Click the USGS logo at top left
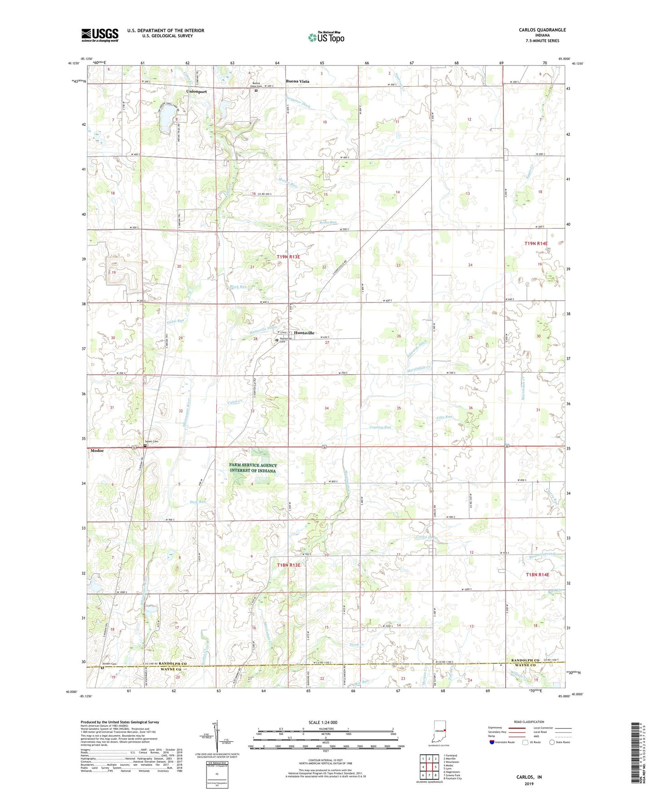100,35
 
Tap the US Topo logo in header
326,37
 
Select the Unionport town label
196,92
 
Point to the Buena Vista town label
297,81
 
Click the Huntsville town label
304,333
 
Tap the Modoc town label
97,451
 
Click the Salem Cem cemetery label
151,441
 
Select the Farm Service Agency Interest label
253,468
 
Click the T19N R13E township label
288,257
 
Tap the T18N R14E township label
537,575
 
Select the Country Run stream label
380,427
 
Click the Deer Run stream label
197,502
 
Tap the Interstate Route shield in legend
493,742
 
